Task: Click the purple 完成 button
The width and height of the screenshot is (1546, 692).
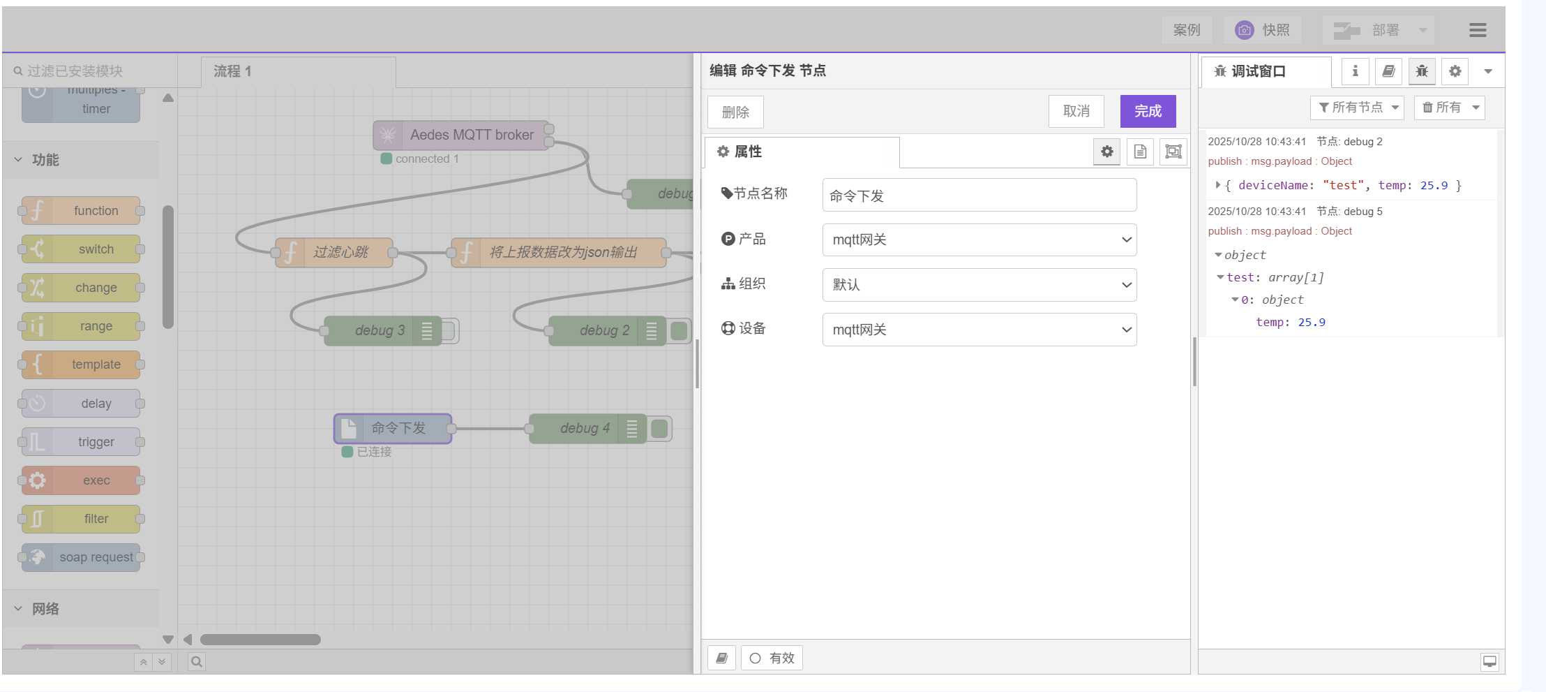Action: pos(1148,111)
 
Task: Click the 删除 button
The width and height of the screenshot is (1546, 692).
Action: pos(735,112)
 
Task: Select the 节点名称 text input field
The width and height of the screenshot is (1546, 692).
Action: pos(979,196)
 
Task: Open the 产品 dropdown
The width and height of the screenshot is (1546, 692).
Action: pos(979,240)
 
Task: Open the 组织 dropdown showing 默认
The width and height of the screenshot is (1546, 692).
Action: pos(979,285)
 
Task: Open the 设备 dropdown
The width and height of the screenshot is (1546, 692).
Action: pos(979,330)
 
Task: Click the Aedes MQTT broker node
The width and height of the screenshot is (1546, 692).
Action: pos(464,135)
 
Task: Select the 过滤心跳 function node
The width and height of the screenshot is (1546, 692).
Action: pos(340,252)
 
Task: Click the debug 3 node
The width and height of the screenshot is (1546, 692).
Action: pos(379,330)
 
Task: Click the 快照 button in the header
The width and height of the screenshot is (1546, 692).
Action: pos(1263,30)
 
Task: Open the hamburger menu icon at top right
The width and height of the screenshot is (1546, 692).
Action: pos(1477,30)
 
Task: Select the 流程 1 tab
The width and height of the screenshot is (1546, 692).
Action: pos(233,71)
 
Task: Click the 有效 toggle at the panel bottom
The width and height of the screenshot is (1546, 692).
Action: pos(772,658)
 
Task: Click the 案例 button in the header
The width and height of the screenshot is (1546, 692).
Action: pos(1186,30)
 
